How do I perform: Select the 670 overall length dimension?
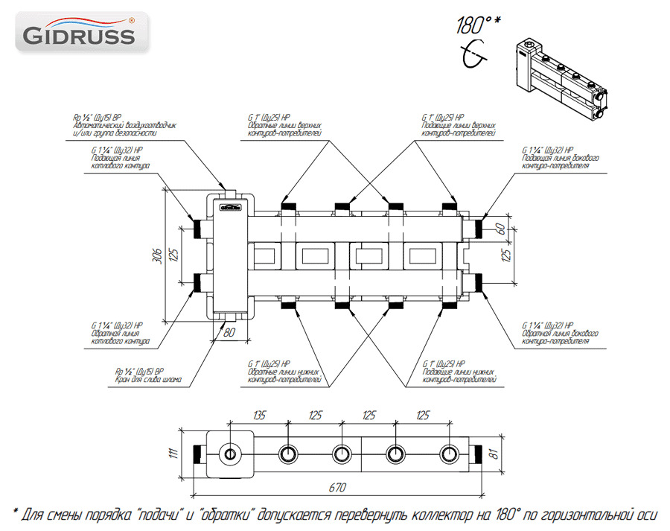(x=339, y=487)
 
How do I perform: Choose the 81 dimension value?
(x=494, y=454)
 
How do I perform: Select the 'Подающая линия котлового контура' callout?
(x=120, y=158)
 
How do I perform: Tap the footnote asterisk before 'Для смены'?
(x=16, y=515)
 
